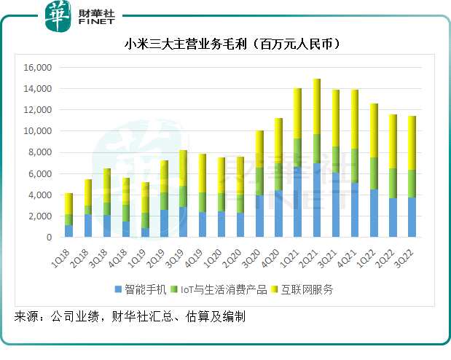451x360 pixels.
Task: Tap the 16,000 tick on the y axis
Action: (x=37, y=68)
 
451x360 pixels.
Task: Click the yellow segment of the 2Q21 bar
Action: (x=316, y=106)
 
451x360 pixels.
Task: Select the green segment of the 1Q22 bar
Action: (x=374, y=173)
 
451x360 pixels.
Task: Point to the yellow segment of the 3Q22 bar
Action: (x=412, y=143)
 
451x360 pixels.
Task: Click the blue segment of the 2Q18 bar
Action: (x=87, y=226)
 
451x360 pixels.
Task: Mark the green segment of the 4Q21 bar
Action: (x=355, y=166)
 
